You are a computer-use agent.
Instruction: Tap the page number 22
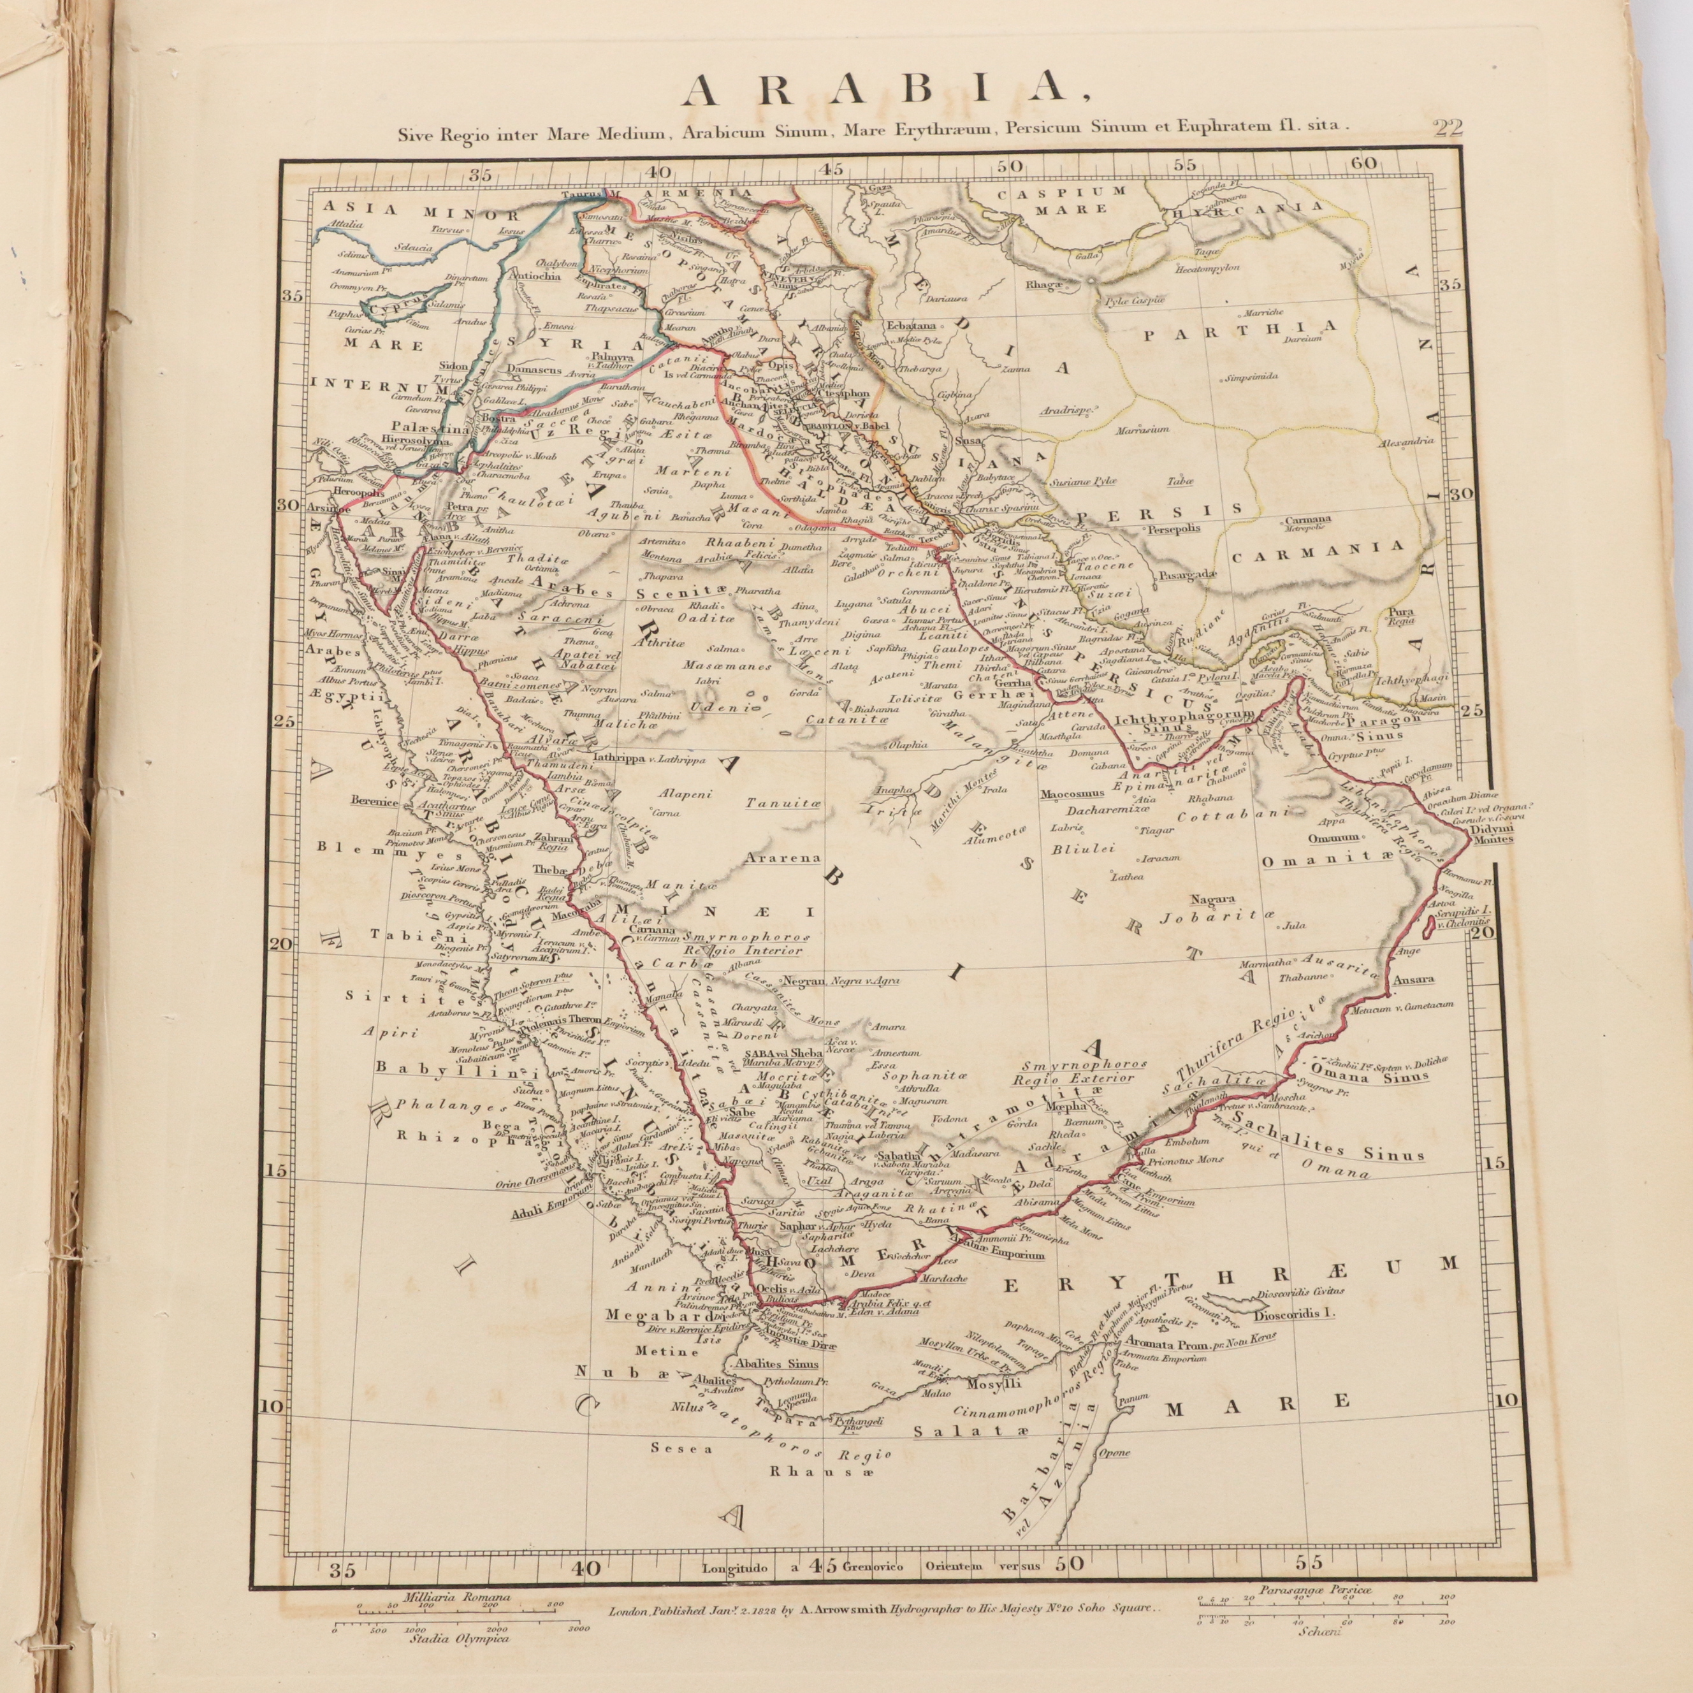click(1448, 128)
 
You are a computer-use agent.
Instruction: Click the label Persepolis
click(1172, 528)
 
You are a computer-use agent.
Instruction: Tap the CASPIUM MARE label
click(1062, 200)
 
